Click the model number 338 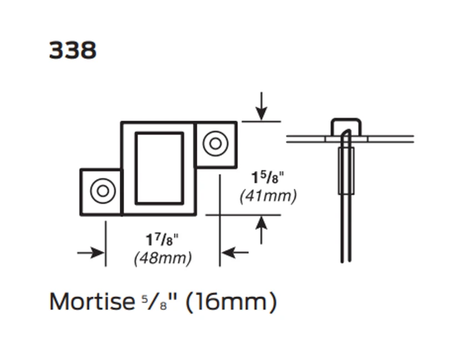point(72,51)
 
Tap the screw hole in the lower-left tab point(103,191)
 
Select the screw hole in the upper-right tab point(215,144)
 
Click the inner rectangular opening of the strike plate point(159,168)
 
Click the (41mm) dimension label point(268,196)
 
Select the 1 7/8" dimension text point(163,240)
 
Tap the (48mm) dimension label point(163,258)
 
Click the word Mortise point(92,302)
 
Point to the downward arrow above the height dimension point(262,107)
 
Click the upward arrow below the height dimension point(262,229)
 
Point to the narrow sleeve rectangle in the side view point(347,171)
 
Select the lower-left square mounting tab point(101,192)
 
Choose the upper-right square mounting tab point(216,144)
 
